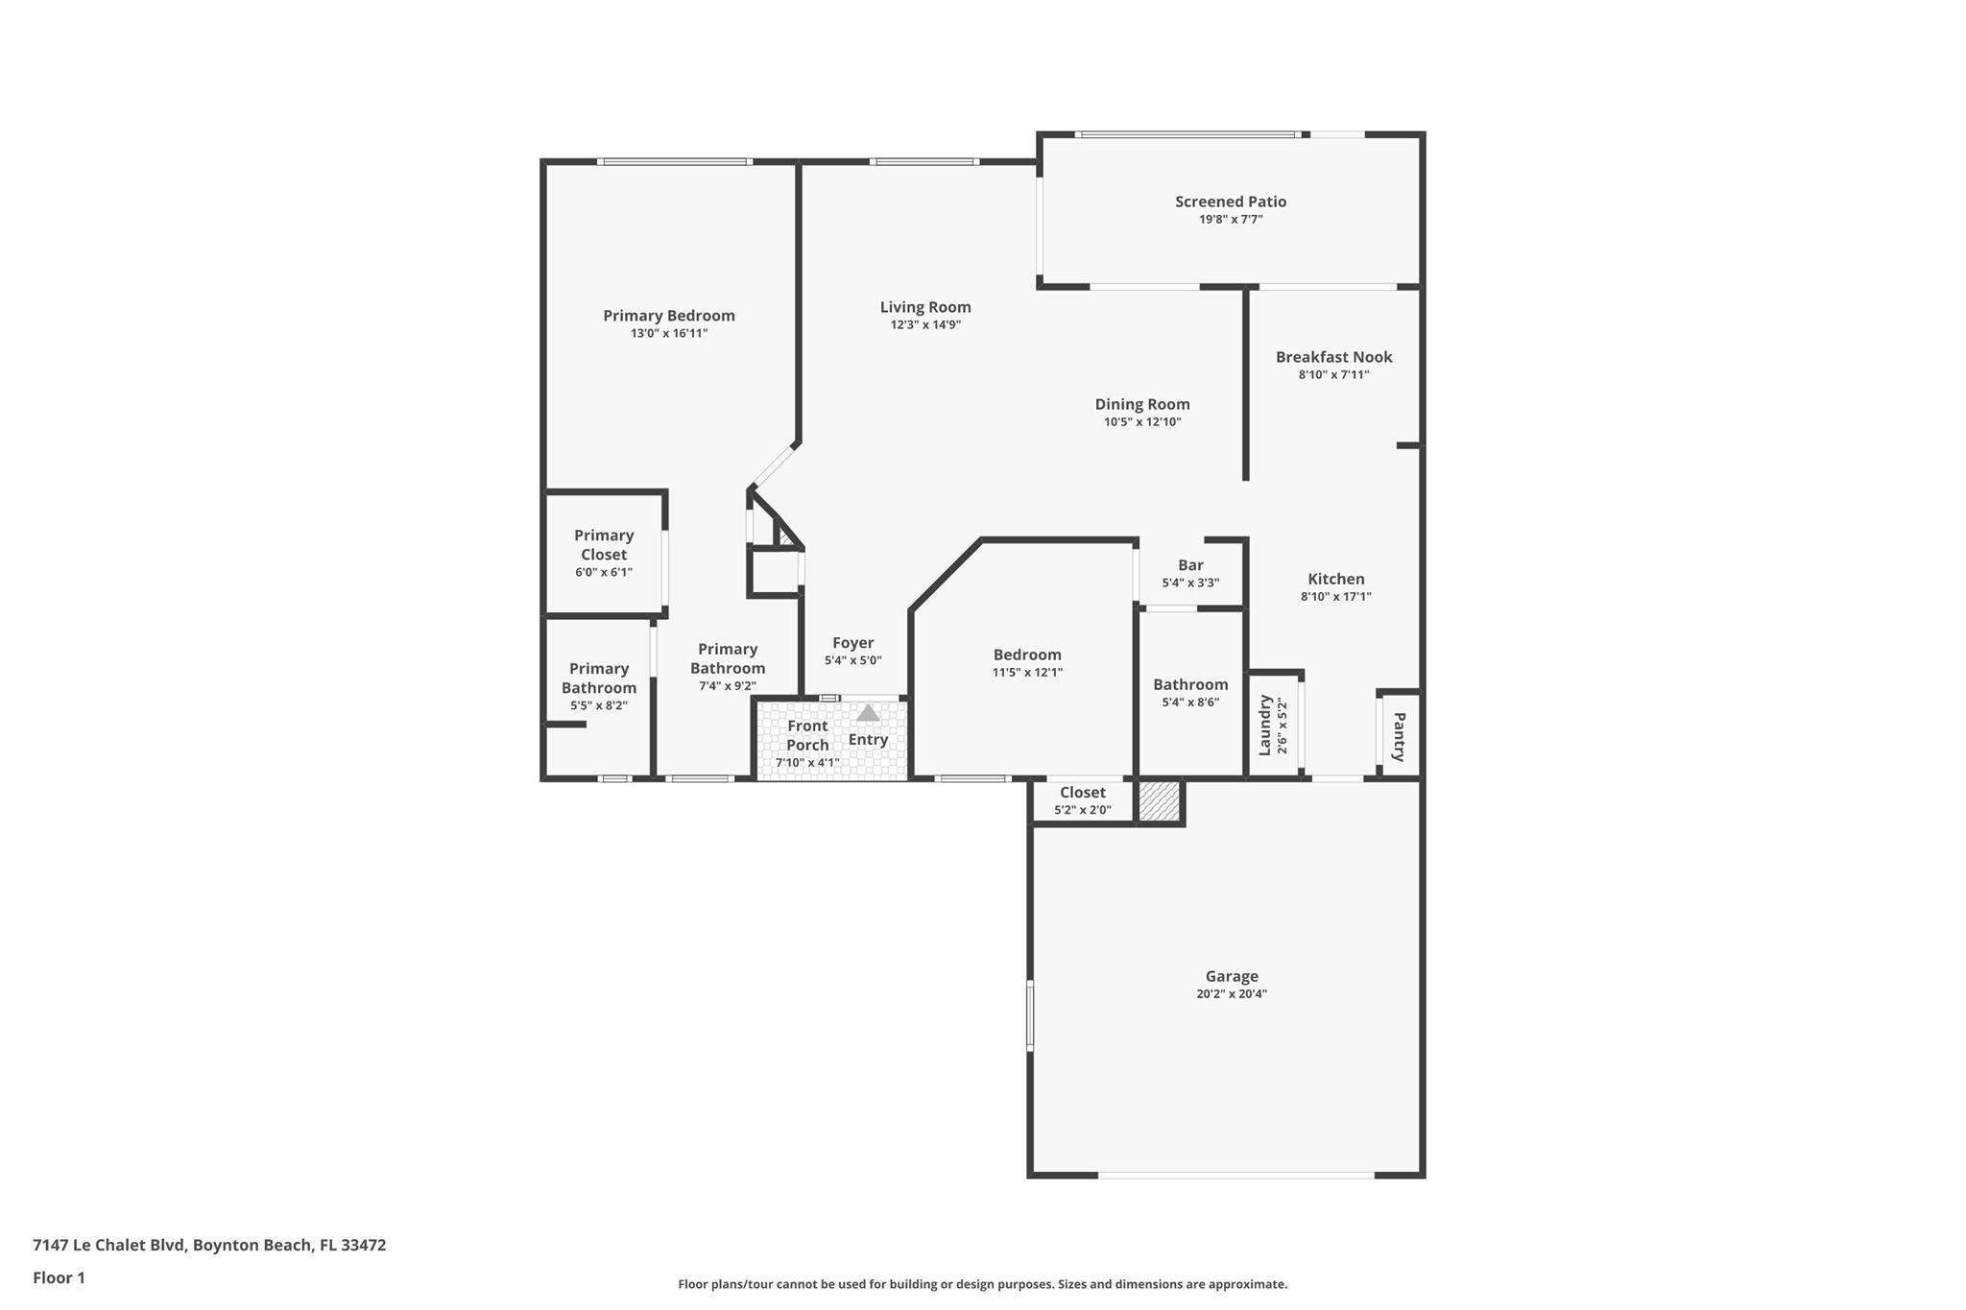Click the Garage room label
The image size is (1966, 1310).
(x=1231, y=976)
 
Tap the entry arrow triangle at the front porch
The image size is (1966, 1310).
(x=868, y=713)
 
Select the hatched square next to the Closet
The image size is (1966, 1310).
(x=1159, y=801)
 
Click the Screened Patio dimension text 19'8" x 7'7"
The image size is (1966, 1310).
(x=1231, y=220)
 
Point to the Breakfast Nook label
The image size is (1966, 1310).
(x=1333, y=357)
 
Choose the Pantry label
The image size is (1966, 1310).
(x=1399, y=736)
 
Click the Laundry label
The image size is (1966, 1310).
(x=1265, y=726)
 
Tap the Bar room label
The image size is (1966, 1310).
(x=1190, y=565)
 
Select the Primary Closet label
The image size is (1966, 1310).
(x=604, y=544)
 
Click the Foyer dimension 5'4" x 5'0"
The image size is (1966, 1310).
(x=852, y=660)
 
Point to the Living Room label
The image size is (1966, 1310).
(x=925, y=307)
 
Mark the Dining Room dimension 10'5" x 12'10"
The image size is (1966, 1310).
(x=1142, y=422)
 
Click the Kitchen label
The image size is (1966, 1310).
(x=1335, y=579)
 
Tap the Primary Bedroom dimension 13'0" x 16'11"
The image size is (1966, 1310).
(x=669, y=334)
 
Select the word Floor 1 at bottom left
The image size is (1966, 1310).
(x=59, y=1277)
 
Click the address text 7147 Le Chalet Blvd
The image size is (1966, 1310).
(x=108, y=1245)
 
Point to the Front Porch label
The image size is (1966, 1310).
(x=807, y=735)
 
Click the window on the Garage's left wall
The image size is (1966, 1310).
(x=1030, y=1014)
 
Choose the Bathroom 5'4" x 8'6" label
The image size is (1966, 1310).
(x=1190, y=684)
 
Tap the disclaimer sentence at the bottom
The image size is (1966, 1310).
(x=982, y=1284)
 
